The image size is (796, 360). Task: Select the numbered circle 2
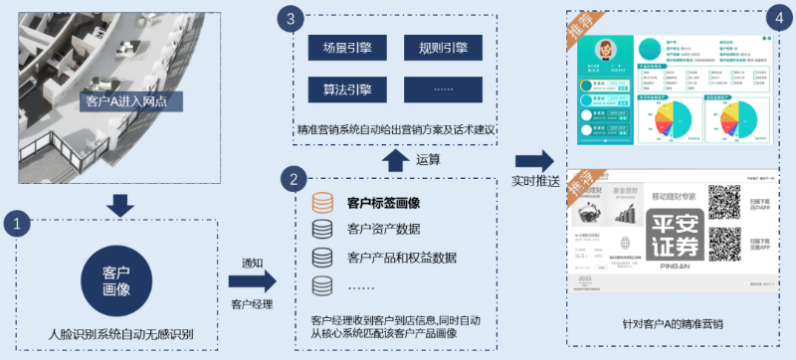(293, 180)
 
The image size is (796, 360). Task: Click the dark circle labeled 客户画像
(120, 280)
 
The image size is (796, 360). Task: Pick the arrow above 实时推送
(535, 160)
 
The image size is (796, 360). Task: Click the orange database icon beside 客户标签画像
(322, 203)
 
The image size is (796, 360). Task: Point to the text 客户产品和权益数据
(402, 259)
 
